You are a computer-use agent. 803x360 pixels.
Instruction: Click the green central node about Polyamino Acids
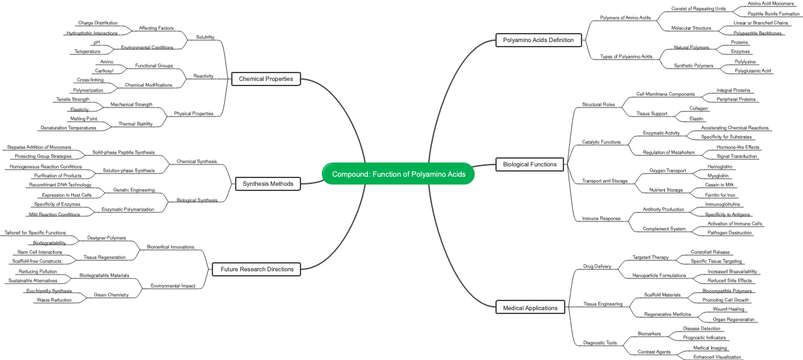coord(398,174)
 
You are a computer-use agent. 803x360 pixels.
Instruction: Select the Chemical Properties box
coord(266,79)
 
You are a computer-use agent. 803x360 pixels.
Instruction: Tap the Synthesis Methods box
coord(267,184)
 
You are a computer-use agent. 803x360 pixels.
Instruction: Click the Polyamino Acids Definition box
coord(538,40)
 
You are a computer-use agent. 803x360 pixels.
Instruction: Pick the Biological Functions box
coord(530,164)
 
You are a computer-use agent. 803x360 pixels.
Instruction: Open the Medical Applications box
coord(530,308)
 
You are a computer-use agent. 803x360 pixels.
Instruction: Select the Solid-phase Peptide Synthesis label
coord(123,152)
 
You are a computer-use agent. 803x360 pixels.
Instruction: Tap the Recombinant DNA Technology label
coord(60,185)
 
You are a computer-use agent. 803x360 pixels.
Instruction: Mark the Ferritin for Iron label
coord(720,195)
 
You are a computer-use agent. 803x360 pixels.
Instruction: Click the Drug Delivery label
coord(597,266)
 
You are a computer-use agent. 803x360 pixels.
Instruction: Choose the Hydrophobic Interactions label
coord(92,33)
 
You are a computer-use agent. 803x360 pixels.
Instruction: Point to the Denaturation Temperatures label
coord(68,128)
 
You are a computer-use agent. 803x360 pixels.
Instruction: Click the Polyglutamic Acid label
coord(752,71)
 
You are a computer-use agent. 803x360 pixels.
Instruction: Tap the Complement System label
coord(664,229)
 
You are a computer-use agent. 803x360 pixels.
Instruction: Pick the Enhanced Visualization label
coord(717,357)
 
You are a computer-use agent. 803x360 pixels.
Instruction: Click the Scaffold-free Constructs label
coord(37,261)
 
